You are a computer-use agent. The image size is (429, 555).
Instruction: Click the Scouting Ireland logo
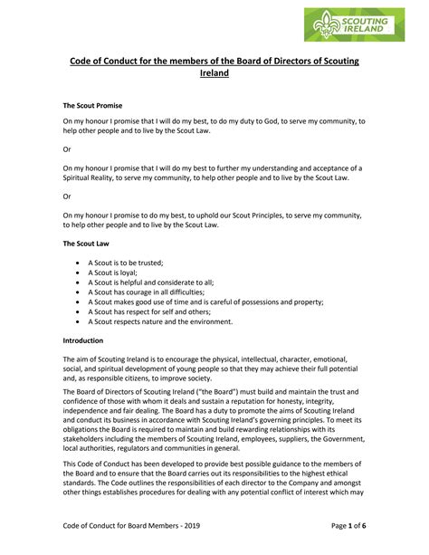[x=356, y=24]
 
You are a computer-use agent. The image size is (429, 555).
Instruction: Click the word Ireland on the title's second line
[x=214, y=74]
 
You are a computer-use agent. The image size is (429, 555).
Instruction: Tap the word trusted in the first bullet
[x=148, y=261]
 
